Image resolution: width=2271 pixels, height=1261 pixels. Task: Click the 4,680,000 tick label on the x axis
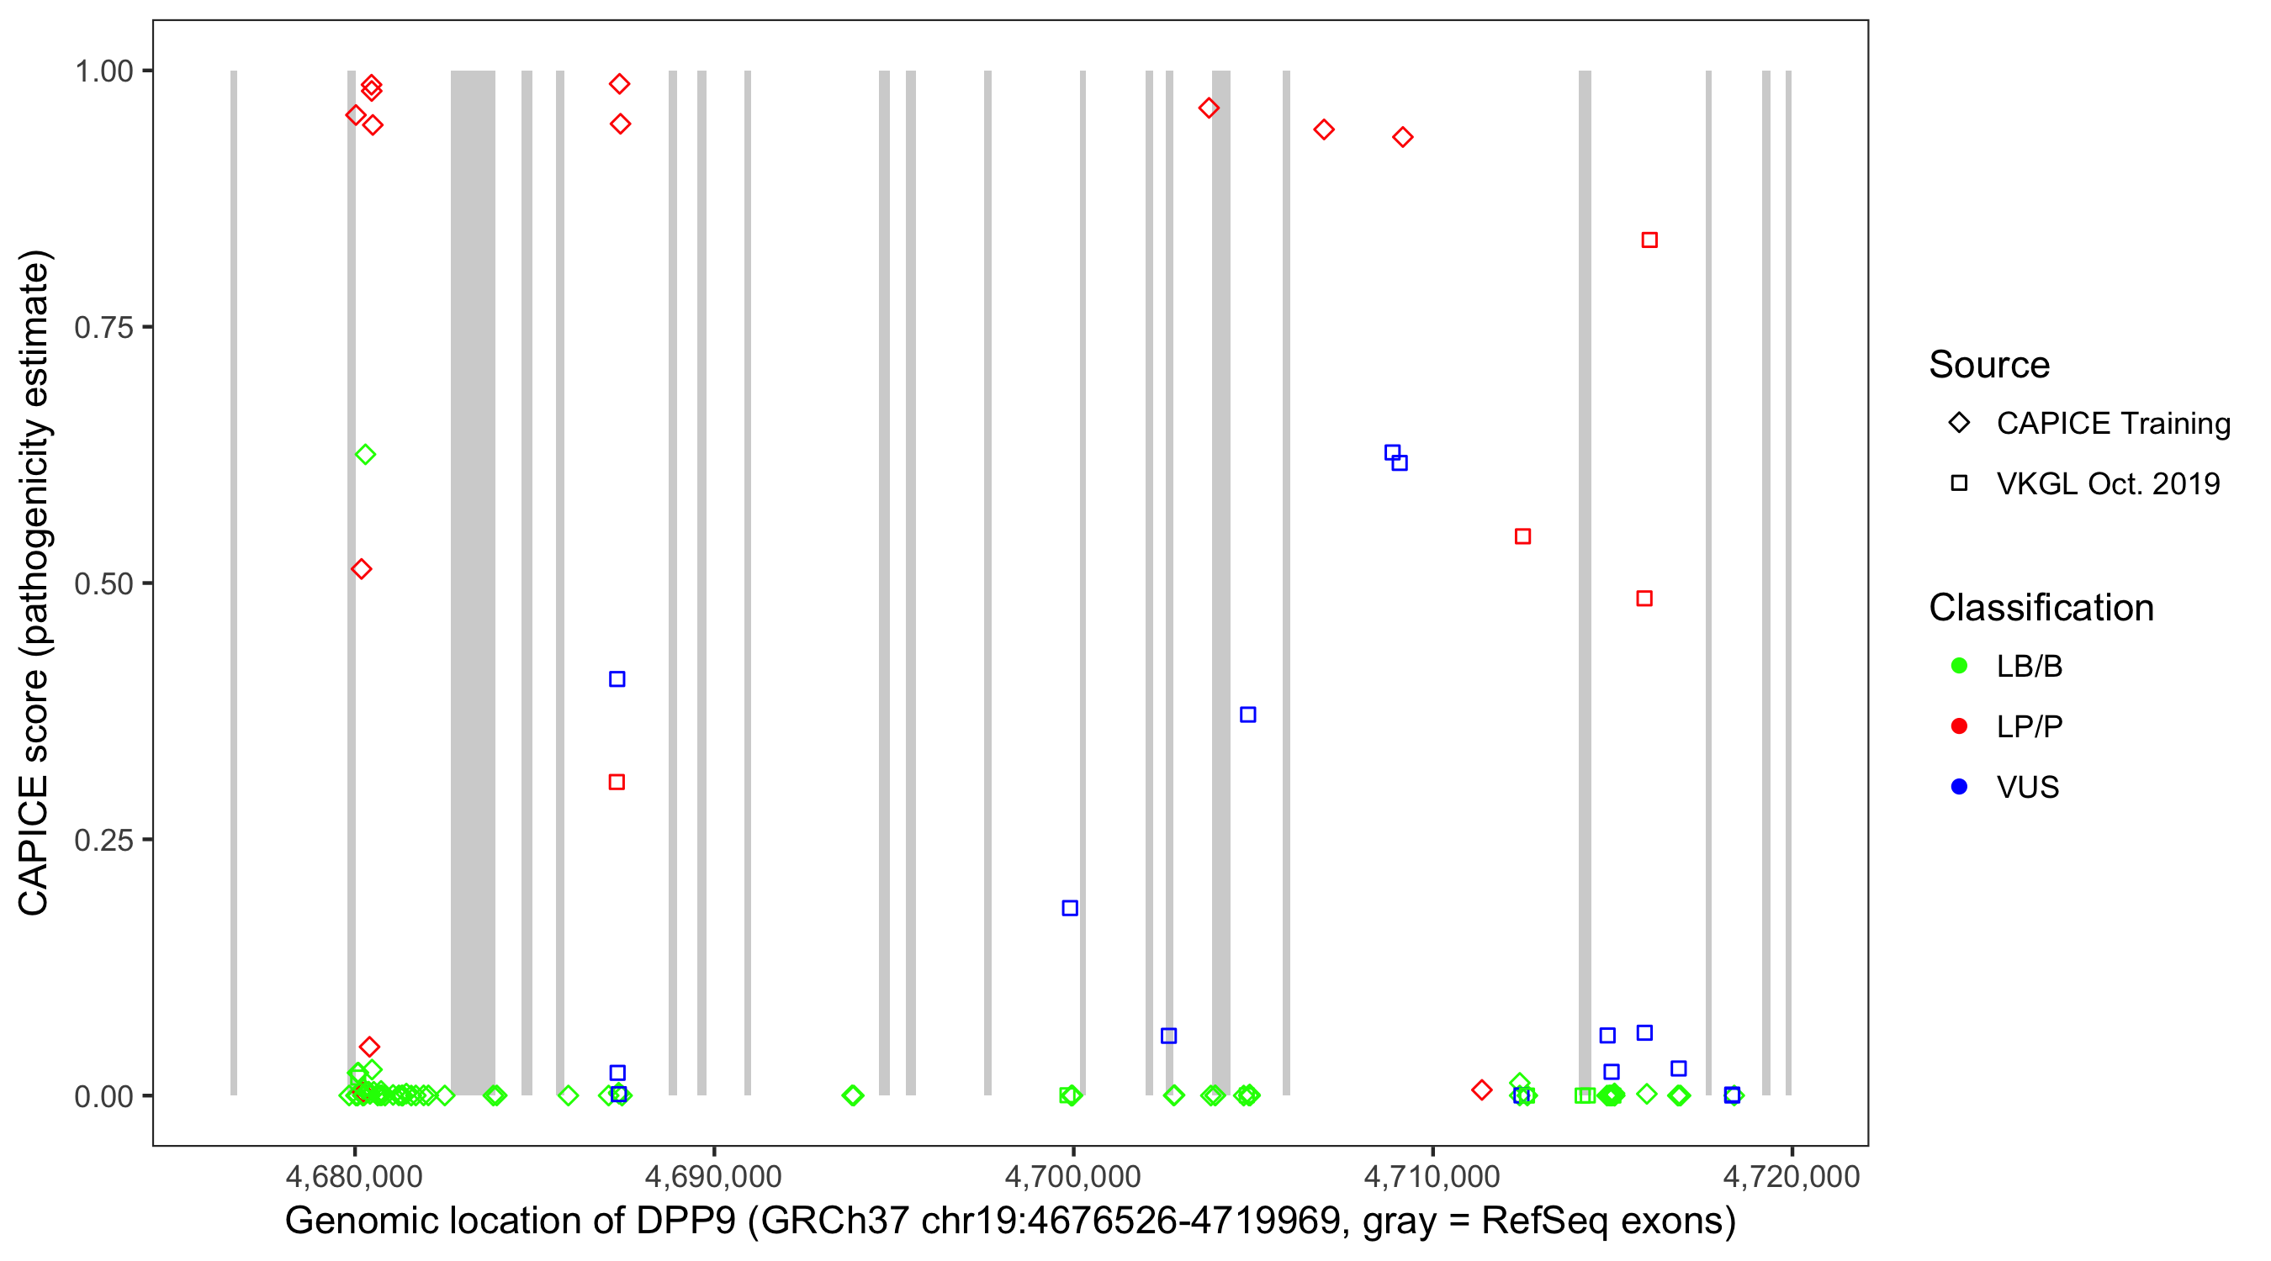[353, 1176]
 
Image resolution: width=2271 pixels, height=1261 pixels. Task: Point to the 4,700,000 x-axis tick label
[1073, 1176]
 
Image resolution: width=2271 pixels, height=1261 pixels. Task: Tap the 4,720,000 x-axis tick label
[1792, 1176]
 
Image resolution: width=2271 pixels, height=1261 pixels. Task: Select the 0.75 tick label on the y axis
[103, 327]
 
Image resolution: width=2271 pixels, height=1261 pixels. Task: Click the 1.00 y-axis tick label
[103, 71]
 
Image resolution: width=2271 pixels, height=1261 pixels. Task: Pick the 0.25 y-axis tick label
[103, 840]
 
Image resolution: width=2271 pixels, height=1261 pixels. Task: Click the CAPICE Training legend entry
[2113, 423]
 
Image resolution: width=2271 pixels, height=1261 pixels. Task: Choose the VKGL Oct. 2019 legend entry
[2108, 483]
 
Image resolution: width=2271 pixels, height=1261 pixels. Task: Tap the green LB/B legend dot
[1959, 666]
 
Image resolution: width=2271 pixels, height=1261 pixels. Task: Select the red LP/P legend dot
[1959, 726]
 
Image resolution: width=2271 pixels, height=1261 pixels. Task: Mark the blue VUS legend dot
[1959, 787]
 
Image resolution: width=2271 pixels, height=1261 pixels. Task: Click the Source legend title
[1989, 365]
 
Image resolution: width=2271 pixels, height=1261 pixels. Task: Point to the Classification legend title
[2041, 608]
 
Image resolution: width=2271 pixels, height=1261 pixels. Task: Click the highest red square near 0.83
[1649, 240]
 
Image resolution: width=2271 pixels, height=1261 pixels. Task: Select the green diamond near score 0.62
[365, 455]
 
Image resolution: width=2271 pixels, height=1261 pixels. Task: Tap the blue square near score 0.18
[1069, 909]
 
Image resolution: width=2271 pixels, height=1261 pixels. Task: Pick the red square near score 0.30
[617, 783]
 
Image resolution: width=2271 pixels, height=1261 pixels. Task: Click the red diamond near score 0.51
[362, 569]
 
